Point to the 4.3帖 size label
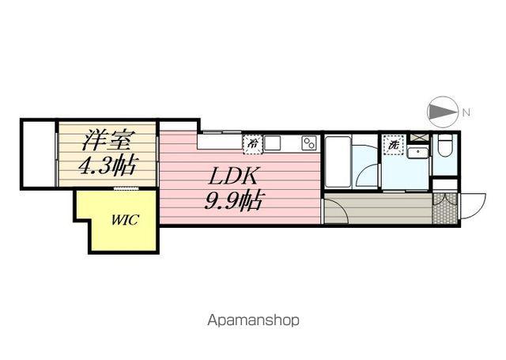pyautogui.click(x=108, y=167)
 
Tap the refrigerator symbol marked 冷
pyautogui.click(x=252, y=143)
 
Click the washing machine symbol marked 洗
pyautogui.click(x=393, y=145)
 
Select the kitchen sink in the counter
pyautogui.click(x=273, y=143)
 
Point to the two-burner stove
pyautogui.click(x=308, y=143)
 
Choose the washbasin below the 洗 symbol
pyautogui.click(x=417, y=152)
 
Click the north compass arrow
pyautogui.click(x=442, y=112)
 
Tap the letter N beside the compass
pyautogui.click(x=466, y=112)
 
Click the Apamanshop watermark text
pyautogui.click(x=253, y=320)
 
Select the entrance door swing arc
pyautogui.click(x=471, y=207)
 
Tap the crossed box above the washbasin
pyautogui.click(x=418, y=138)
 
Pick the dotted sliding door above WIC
pyautogui.click(x=126, y=188)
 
